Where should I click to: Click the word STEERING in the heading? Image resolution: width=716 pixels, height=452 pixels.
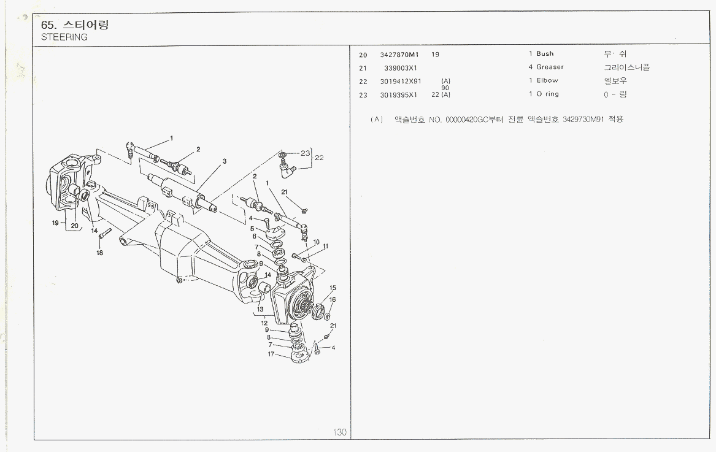[64, 37]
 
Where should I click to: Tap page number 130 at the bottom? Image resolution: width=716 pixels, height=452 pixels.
[340, 432]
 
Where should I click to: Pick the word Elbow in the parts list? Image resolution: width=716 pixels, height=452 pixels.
[547, 80]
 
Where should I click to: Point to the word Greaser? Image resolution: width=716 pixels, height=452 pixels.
[550, 67]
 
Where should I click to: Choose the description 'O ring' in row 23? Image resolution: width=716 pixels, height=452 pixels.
[547, 94]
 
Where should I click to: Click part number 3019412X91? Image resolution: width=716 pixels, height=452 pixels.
[401, 81]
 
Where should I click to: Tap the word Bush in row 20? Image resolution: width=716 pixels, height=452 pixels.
[545, 54]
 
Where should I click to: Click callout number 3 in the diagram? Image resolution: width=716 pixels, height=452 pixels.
[225, 161]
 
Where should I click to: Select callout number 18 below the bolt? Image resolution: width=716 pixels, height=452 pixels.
[99, 252]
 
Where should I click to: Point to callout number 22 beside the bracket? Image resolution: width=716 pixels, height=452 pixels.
[319, 158]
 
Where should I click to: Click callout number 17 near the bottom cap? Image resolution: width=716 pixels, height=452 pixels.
[271, 354]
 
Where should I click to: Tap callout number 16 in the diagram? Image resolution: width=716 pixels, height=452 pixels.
[333, 299]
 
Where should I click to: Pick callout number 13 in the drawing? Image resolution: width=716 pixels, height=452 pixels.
[260, 309]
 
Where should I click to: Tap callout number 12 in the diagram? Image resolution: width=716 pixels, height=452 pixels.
[264, 323]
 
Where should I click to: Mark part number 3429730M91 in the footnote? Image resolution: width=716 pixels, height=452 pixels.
[583, 119]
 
